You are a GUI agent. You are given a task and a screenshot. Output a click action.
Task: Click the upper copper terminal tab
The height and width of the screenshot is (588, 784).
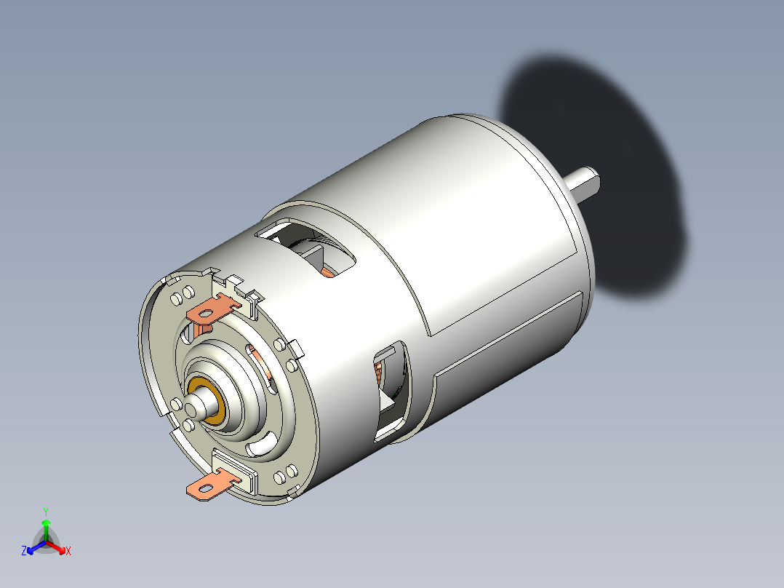[215, 310]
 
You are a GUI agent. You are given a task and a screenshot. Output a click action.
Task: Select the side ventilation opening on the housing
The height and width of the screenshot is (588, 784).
[391, 393]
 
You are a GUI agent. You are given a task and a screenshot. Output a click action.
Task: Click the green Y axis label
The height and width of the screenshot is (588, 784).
[45, 512]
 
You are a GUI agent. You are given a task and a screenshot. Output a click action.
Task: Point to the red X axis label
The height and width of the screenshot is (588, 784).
[68, 552]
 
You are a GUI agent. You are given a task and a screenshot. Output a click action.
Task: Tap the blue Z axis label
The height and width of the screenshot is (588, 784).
[24, 552]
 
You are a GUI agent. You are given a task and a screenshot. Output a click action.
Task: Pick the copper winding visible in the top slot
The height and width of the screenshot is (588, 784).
[329, 271]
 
